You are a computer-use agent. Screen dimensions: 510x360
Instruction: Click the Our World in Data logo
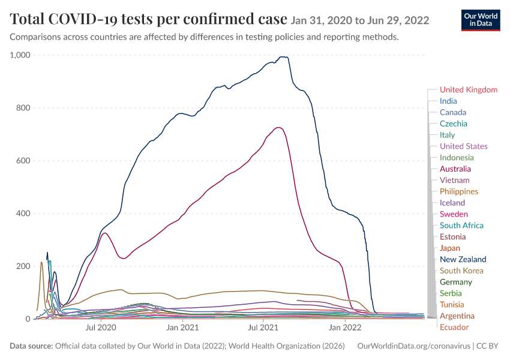[x=481, y=20]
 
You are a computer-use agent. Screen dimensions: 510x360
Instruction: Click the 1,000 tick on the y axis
[x=20, y=55]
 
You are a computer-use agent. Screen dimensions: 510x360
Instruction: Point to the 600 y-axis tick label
[x=23, y=161]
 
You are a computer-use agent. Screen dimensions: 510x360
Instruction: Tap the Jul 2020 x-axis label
[x=101, y=327]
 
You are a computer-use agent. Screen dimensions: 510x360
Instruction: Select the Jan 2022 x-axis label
[x=345, y=327]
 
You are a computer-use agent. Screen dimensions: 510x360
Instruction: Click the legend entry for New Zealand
[x=463, y=259]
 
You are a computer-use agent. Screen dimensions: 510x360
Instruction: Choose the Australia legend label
[x=455, y=169]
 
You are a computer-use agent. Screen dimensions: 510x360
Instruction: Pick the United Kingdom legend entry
[x=469, y=90]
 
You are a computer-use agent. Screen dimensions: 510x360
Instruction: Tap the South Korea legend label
[x=461, y=271]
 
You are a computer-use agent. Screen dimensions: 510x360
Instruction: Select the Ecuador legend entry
[x=454, y=327]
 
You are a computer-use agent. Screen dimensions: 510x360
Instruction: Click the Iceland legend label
[x=452, y=203]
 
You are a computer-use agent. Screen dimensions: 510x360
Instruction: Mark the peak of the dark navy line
[x=284, y=57]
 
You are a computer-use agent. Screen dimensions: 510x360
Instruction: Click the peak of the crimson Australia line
[x=278, y=127]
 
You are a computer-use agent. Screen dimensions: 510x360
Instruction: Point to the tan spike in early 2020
[x=41, y=262]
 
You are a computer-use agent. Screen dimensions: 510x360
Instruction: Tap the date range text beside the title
[x=360, y=20]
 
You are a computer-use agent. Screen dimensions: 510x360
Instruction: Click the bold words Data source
[x=31, y=346]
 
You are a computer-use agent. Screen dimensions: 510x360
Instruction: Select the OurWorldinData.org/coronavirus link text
[x=414, y=346]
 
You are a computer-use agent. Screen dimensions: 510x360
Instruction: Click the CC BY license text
[x=487, y=346]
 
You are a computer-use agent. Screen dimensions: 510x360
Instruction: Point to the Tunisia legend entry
[x=452, y=304]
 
